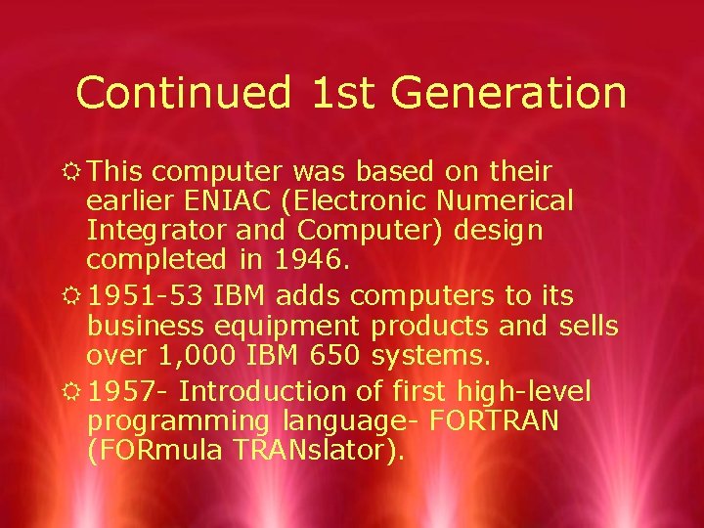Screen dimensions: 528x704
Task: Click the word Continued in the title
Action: (183, 93)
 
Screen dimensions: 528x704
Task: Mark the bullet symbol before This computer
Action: (72, 172)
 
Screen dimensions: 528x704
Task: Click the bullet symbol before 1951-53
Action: (72, 295)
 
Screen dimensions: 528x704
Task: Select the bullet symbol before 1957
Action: (72, 391)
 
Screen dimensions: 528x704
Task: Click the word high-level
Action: (524, 392)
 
